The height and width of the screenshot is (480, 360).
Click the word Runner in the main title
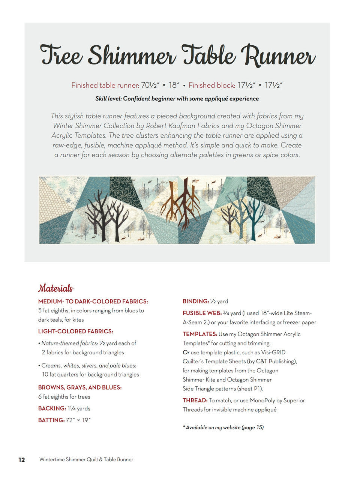278,56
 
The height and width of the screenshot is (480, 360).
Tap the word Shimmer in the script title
132,56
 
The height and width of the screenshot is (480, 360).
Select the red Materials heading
55,288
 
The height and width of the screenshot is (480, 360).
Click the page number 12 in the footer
22,460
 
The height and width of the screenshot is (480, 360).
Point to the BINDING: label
196,301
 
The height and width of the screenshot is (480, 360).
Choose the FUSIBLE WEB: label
202,313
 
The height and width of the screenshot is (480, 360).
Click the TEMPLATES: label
200,334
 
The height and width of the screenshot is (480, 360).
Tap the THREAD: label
195,400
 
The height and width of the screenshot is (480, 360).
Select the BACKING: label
52,408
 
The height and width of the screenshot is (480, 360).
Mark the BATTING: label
51,420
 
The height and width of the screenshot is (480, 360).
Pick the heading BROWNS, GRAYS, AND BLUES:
80,387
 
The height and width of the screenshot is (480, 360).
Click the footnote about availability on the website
223,427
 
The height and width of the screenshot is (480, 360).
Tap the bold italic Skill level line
177,99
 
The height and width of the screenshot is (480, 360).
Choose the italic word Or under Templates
186,352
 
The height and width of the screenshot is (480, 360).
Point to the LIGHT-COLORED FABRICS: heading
75,331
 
